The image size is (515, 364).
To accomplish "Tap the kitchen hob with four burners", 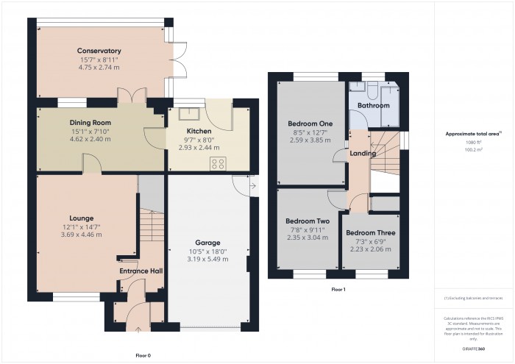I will click(x=219, y=164).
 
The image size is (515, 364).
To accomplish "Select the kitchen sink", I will click(x=195, y=114).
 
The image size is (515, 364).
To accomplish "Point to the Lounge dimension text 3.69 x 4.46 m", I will click(x=81, y=235).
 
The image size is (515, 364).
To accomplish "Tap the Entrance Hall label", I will click(x=141, y=271).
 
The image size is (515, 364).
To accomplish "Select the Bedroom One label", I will click(x=307, y=123).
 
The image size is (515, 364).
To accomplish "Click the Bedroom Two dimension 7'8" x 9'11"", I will click(x=307, y=229).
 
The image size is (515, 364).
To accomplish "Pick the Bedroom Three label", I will click(x=370, y=233).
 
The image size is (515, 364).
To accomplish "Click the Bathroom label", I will click(x=373, y=106).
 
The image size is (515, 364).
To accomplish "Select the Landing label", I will click(x=363, y=154).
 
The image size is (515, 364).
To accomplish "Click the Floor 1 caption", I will click(x=338, y=290).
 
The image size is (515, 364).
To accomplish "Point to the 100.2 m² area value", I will click(x=474, y=149).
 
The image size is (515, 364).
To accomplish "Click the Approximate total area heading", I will click(x=473, y=133).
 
